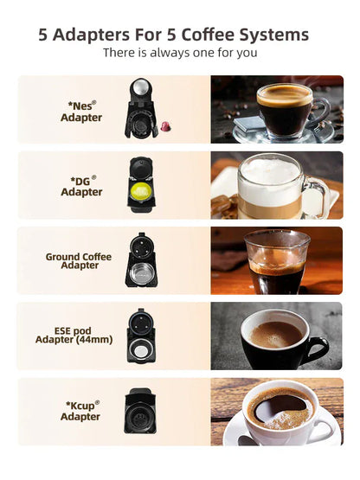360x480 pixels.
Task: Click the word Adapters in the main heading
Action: click(94, 35)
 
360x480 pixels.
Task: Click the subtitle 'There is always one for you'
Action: click(180, 54)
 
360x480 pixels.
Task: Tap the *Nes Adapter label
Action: click(81, 111)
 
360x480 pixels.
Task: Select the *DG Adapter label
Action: click(81, 186)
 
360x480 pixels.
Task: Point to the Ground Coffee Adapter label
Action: click(79, 261)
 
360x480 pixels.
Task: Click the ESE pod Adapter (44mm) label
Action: click(79, 336)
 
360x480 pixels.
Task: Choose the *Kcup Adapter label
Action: click(81, 410)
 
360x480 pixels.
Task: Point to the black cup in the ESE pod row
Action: click(279, 339)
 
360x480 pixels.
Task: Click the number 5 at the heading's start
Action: click(44, 35)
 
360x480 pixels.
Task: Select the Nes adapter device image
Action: click(139, 108)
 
